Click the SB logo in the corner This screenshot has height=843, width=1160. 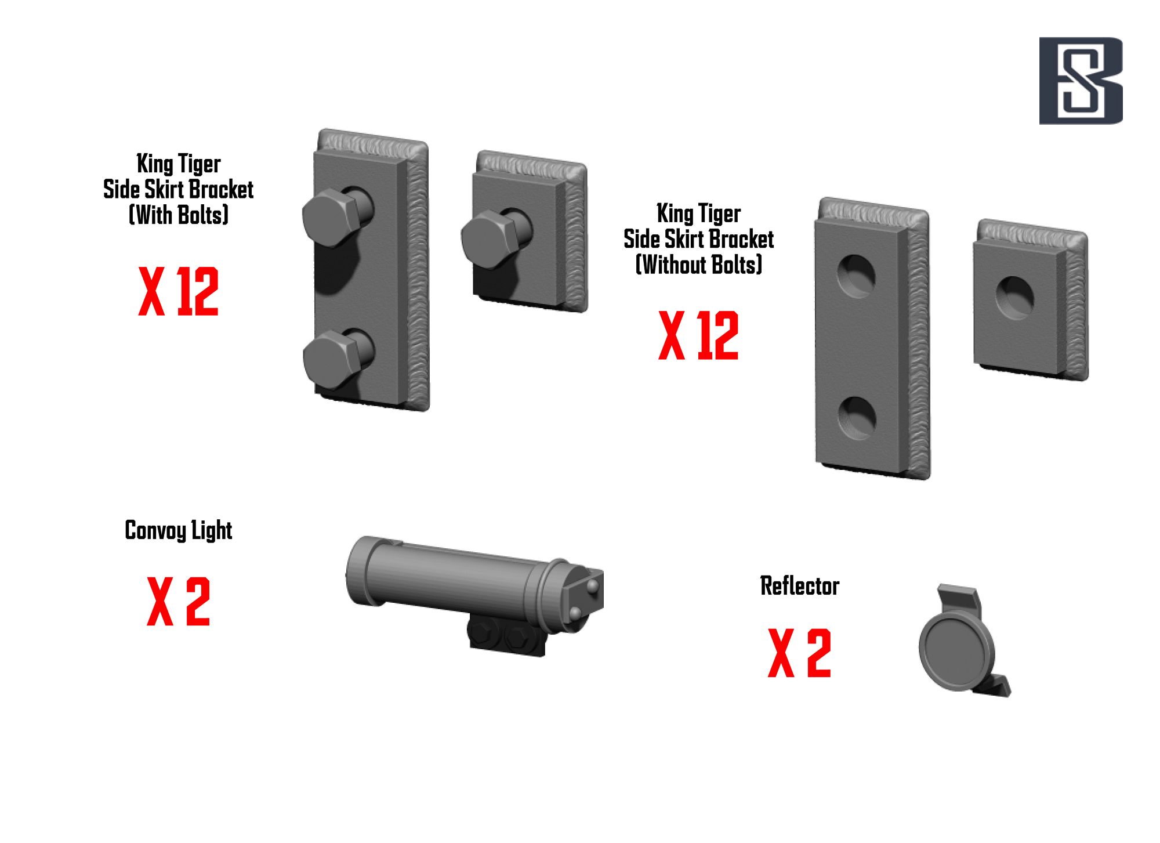(x=1081, y=81)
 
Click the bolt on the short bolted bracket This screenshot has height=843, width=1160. (x=496, y=238)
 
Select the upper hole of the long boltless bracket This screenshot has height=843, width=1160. (x=856, y=276)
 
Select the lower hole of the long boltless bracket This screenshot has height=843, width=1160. (x=857, y=418)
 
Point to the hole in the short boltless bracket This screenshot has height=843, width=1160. (x=1014, y=297)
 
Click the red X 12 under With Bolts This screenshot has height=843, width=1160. (x=179, y=291)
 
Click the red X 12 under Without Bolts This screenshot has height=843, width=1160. (x=698, y=335)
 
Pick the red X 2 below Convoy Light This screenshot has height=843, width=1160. (x=179, y=601)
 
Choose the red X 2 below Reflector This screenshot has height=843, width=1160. (x=799, y=653)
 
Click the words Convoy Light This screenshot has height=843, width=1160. (x=179, y=530)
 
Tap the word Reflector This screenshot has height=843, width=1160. (x=800, y=586)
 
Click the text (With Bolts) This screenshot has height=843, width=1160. (x=179, y=215)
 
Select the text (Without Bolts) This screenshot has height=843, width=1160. (x=699, y=265)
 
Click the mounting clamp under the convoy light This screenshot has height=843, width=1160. (x=507, y=635)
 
